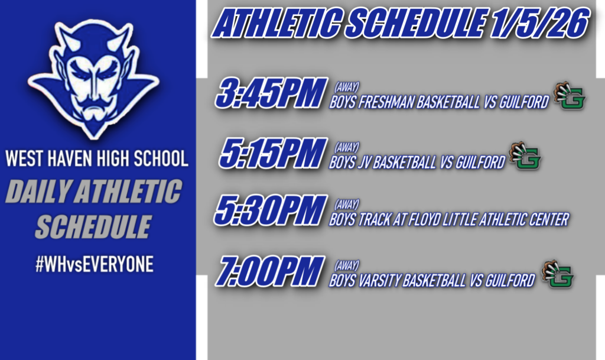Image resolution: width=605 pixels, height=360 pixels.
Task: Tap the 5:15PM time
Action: pyautogui.click(x=273, y=153)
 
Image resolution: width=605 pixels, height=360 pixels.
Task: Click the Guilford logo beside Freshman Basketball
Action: pyautogui.click(x=570, y=96)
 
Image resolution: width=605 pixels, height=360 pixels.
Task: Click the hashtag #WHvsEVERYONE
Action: pyautogui.click(x=95, y=265)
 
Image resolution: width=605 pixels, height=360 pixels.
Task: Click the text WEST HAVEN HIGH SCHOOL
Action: pyautogui.click(x=97, y=158)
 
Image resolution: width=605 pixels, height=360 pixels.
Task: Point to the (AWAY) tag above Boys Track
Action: pyautogui.click(x=347, y=204)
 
